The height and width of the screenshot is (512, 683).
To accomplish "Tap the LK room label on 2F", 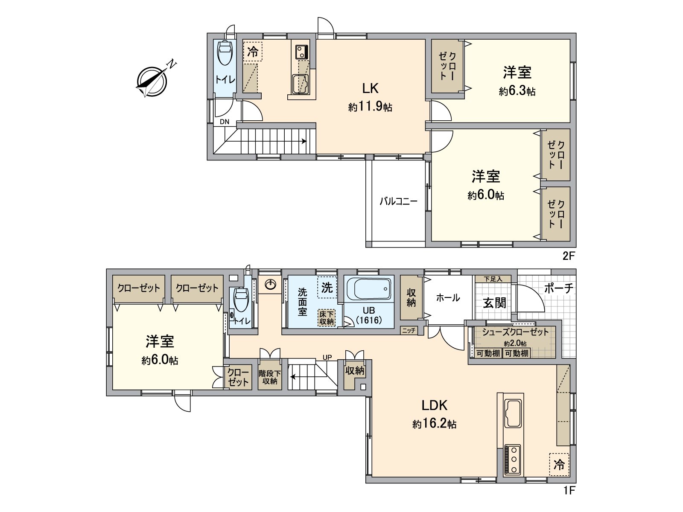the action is click(x=370, y=89).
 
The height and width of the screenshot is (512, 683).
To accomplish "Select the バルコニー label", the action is click(x=398, y=202).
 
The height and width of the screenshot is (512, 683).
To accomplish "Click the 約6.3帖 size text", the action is click(x=517, y=91).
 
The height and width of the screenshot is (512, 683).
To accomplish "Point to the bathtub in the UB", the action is click(x=369, y=289).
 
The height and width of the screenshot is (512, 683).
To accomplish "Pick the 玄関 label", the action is click(x=495, y=303).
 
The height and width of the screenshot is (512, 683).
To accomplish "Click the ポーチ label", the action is click(x=559, y=289).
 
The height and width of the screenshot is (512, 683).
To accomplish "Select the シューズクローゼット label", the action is click(x=515, y=332).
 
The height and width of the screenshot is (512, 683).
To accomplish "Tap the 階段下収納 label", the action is click(x=270, y=378).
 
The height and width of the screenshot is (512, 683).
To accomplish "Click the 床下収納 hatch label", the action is click(x=327, y=317).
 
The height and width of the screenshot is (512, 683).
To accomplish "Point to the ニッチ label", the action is click(x=409, y=331).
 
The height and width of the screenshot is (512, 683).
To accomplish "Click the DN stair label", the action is click(x=225, y=122).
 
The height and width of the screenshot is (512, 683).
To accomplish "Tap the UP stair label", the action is click(x=327, y=358).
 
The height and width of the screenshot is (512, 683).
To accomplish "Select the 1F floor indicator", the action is click(x=569, y=491).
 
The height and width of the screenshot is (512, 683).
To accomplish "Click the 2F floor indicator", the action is click(x=568, y=256).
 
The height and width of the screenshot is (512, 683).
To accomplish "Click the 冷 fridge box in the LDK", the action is click(x=559, y=465).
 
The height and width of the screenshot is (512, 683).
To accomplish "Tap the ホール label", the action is click(x=448, y=298).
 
